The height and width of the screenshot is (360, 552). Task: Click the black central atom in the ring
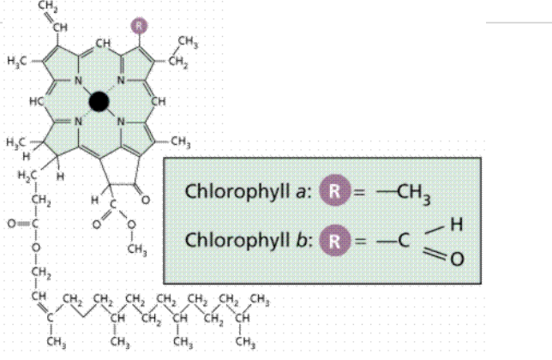(99, 102)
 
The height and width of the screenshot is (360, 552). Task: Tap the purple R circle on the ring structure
(140, 26)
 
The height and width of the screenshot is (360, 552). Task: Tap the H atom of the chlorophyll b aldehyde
(459, 225)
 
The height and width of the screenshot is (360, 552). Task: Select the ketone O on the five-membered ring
(145, 200)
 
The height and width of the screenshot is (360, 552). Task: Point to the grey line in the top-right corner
(519, 20)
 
